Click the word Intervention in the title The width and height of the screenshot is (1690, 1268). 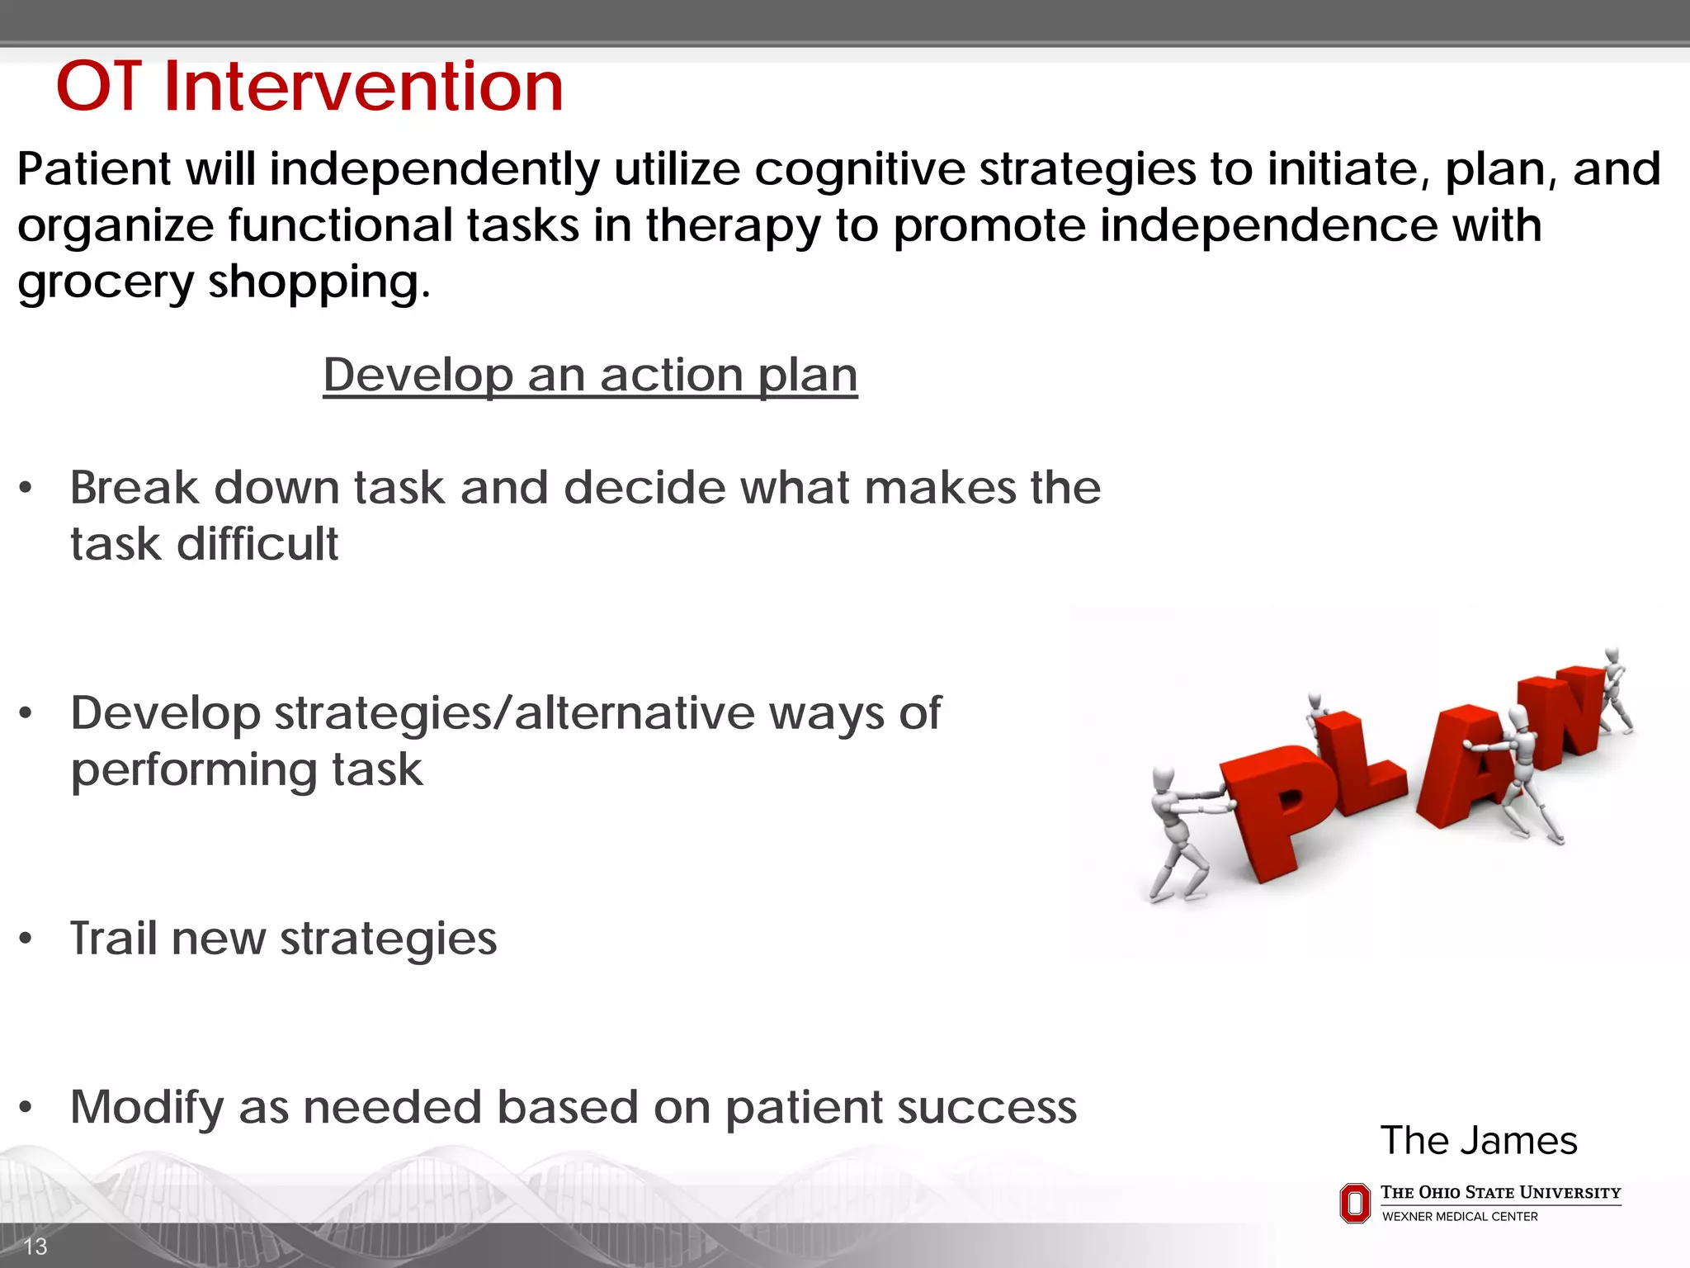(363, 87)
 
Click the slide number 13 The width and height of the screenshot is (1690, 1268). (35, 1247)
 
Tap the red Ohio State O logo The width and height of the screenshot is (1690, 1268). (1354, 1204)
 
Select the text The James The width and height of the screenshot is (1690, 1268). (1478, 1141)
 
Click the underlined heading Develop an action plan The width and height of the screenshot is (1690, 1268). (590, 376)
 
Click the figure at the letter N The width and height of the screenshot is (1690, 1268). (1616, 689)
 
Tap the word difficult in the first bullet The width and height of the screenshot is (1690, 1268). (257, 545)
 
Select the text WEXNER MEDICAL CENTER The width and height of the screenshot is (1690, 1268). (1460, 1217)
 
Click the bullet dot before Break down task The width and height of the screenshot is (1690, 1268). (26, 488)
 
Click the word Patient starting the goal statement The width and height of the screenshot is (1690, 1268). (93, 170)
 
